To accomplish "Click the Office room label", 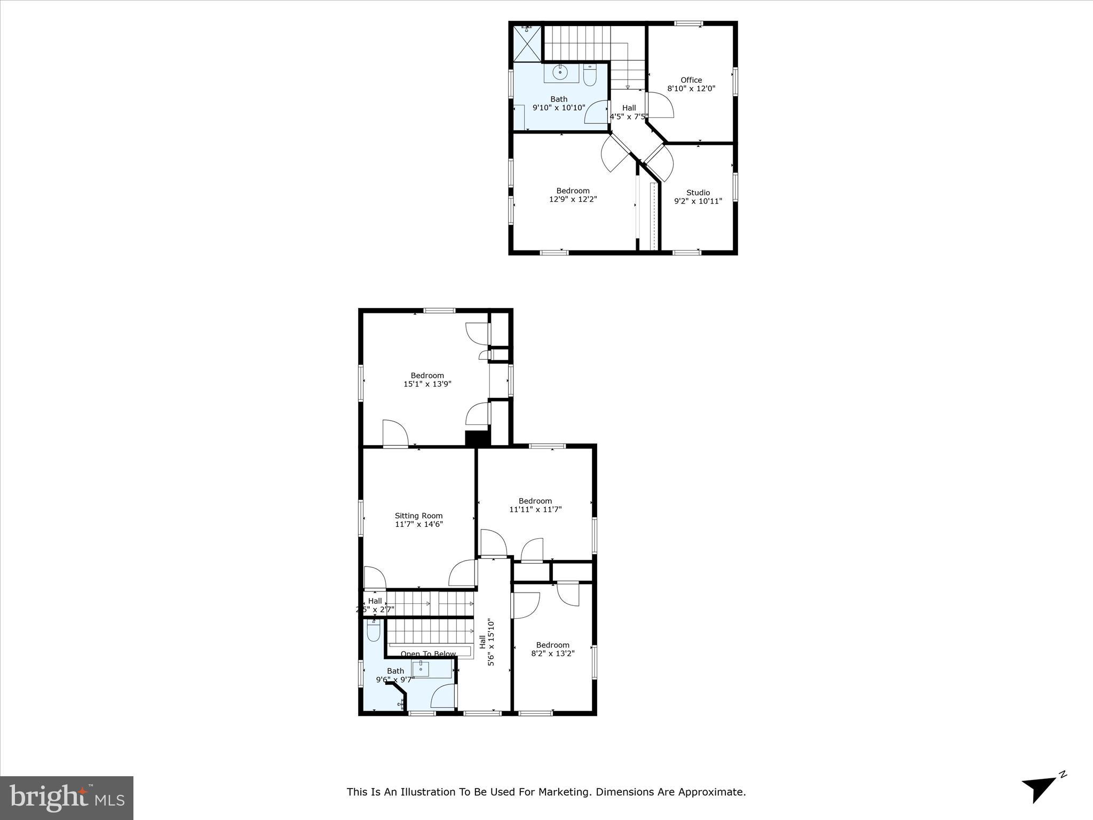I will pyautogui.click(x=691, y=80).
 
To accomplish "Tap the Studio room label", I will pyautogui.click(x=698, y=193).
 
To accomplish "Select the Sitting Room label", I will pyautogui.click(x=418, y=516).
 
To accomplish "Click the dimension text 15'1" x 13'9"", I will pyautogui.click(x=427, y=384).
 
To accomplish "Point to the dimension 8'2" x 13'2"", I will pyautogui.click(x=552, y=653).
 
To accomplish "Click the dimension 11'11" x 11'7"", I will pyautogui.click(x=535, y=509).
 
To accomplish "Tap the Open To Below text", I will pyautogui.click(x=428, y=654).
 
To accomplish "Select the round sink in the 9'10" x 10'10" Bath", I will pyautogui.click(x=560, y=73).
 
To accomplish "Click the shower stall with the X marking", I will pyautogui.click(x=527, y=43).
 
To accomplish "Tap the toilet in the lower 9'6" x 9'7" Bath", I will pyautogui.click(x=374, y=630).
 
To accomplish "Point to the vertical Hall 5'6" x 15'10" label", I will pyautogui.click(x=487, y=642).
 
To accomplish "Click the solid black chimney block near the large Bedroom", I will pyautogui.click(x=478, y=438).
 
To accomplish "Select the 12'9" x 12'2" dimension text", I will pyautogui.click(x=573, y=199).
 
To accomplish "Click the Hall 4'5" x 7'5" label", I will pyautogui.click(x=629, y=112).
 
